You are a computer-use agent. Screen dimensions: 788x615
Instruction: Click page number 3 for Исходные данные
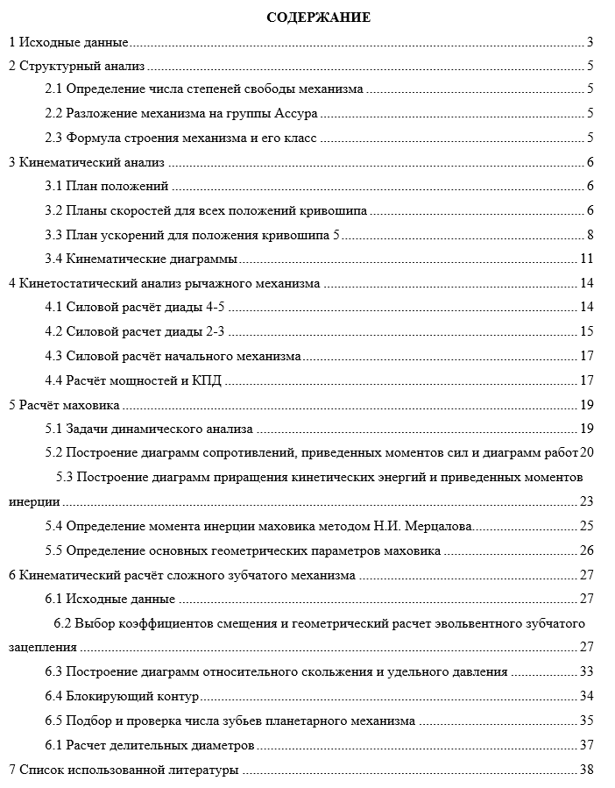click(x=591, y=42)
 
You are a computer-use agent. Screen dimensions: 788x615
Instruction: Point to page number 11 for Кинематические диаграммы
click(x=587, y=259)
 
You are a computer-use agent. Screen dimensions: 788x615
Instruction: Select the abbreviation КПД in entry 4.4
click(x=208, y=380)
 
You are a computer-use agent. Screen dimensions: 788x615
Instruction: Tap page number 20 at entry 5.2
click(x=588, y=452)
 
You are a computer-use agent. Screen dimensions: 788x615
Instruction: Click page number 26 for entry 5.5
click(x=587, y=550)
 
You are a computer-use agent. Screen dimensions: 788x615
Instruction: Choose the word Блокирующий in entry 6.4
click(x=101, y=696)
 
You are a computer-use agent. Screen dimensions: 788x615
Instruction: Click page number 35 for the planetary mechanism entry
click(x=587, y=721)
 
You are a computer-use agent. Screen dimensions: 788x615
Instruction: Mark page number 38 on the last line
click(x=587, y=770)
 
